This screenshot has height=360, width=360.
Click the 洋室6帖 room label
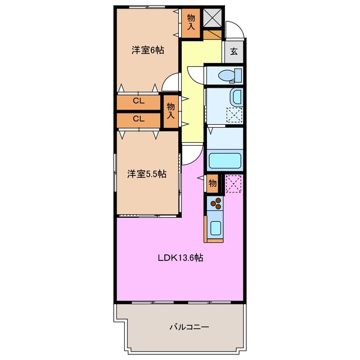(x=148, y=50)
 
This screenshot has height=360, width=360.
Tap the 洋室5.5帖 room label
(x=146, y=174)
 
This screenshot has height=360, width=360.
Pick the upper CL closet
(x=138, y=101)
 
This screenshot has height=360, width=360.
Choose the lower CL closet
(x=138, y=119)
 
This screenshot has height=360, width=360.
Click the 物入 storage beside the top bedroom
(x=191, y=22)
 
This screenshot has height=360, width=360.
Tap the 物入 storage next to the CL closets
(x=171, y=110)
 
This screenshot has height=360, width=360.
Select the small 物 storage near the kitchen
(x=212, y=183)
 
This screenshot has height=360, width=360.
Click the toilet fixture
(x=229, y=75)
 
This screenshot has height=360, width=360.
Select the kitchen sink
(x=215, y=227)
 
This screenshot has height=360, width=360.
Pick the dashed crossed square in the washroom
(x=232, y=115)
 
